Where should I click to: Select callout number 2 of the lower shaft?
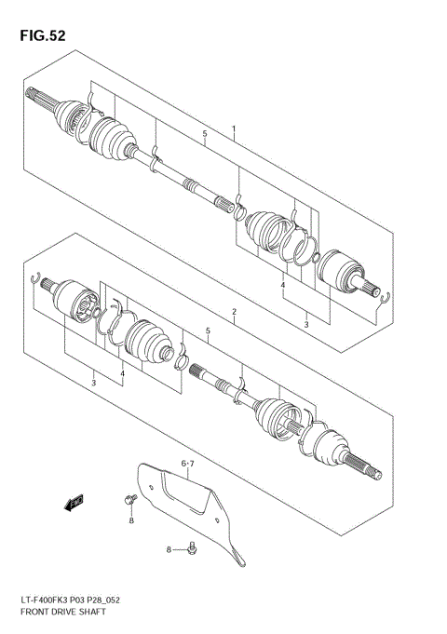click(x=234, y=311)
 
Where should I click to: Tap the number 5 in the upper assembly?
click(x=204, y=135)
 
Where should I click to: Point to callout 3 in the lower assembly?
click(x=93, y=383)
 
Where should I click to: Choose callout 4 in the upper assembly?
click(x=282, y=286)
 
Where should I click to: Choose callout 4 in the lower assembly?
click(x=121, y=374)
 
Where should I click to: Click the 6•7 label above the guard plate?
click(x=189, y=462)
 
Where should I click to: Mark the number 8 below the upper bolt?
click(x=131, y=520)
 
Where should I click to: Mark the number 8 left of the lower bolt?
click(x=169, y=550)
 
